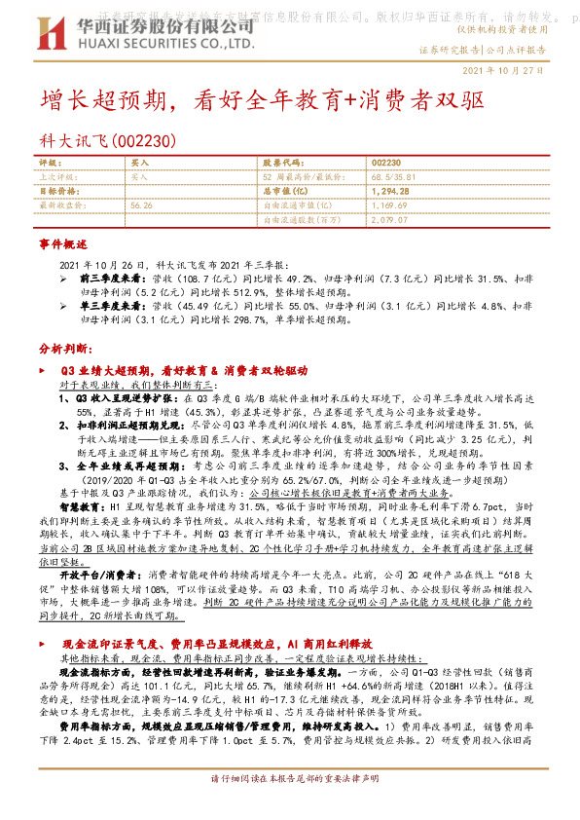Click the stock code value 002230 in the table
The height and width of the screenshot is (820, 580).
[x=386, y=163]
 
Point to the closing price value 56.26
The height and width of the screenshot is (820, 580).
[x=142, y=205]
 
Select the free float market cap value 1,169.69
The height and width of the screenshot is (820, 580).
[x=389, y=205]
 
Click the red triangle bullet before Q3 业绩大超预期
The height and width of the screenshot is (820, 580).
[x=42, y=371]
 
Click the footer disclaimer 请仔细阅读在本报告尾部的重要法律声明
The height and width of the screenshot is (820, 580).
[x=290, y=806]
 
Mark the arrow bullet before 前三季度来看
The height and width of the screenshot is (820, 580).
[x=64, y=278]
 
